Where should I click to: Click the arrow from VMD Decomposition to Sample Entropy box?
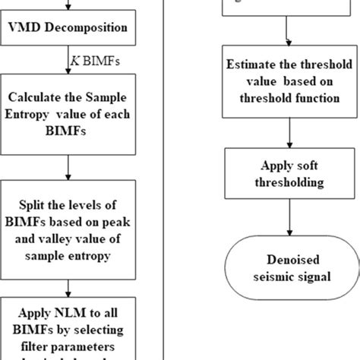68,60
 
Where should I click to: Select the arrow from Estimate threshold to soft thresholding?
287,130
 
